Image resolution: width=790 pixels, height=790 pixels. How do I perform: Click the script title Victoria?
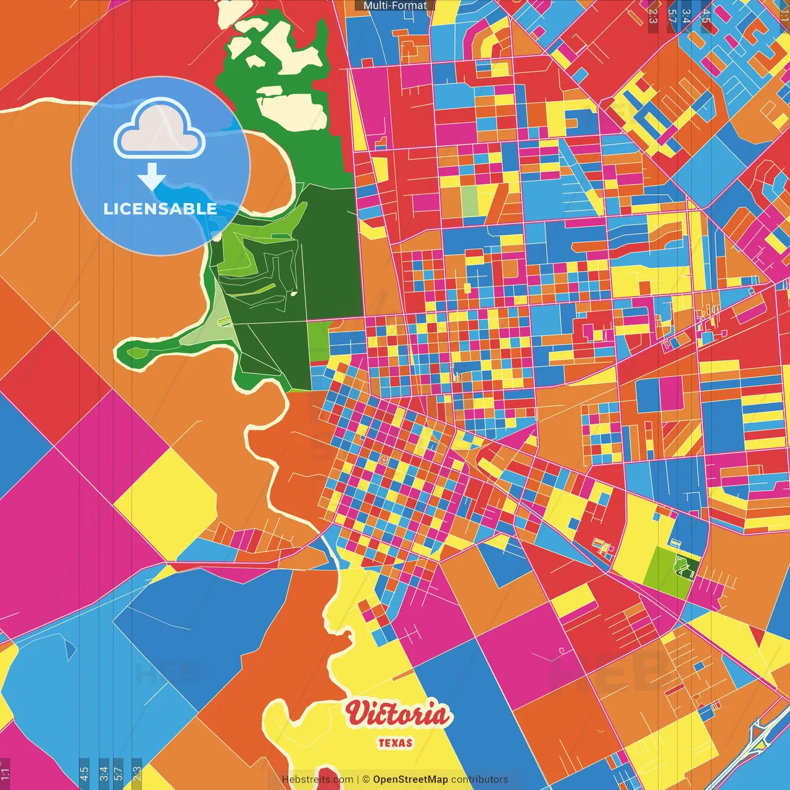(397, 715)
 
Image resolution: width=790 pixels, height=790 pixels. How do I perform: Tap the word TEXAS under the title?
(395, 743)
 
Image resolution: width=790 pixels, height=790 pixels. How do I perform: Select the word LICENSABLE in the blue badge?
(160, 209)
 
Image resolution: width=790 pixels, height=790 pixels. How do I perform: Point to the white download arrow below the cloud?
(152, 178)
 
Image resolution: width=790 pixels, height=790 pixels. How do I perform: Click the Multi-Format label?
(395, 6)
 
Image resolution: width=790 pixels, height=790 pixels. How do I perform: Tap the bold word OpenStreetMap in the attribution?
(410, 780)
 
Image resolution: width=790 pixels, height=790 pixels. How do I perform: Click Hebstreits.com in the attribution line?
(317, 780)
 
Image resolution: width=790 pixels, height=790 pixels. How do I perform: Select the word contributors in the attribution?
(480, 780)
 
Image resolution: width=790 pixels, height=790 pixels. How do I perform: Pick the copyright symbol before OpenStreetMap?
(366, 780)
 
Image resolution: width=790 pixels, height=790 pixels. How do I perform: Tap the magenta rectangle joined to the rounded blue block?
(671, 393)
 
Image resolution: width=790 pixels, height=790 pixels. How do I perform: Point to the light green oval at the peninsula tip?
(136, 352)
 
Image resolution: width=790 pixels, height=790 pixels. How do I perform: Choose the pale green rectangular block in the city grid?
(470, 201)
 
